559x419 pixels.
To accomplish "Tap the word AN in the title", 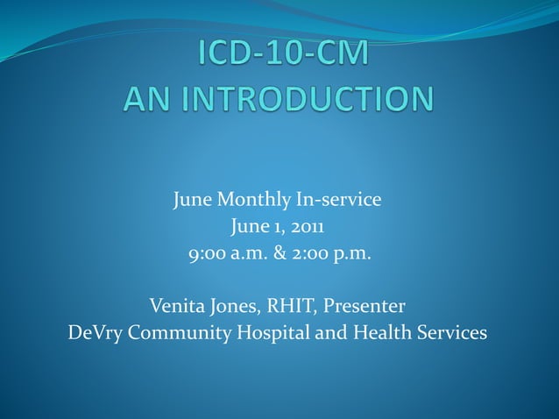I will pyautogui.click(x=145, y=99).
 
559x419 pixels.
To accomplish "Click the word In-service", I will pyautogui.click(x=338, y=200).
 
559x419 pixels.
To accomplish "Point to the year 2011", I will pyautogui.click(x=308, y=228).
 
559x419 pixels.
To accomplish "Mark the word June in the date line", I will pyautogui.click(x=251, y=228).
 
